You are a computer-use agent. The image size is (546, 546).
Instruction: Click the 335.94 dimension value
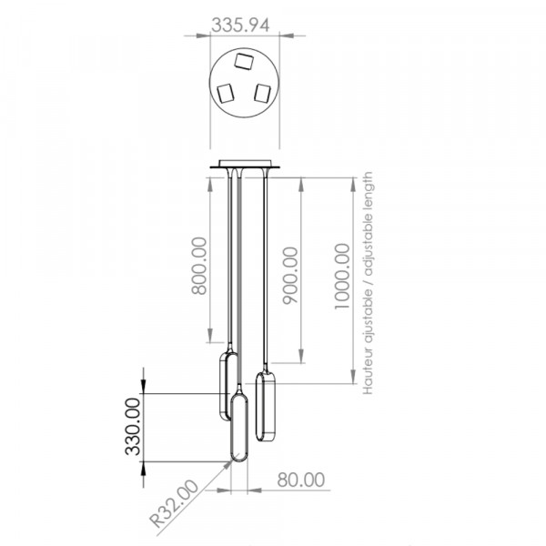point(240,25)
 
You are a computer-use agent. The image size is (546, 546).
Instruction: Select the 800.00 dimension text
point(199,266)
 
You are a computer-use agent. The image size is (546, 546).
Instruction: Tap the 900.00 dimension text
point(290,276)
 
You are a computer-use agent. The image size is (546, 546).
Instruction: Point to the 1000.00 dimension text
point(342,277)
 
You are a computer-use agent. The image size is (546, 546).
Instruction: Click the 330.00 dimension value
point(133,427)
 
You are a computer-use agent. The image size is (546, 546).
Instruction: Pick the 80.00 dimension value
point(301,480)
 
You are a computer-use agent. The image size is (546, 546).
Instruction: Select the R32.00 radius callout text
point(174,503)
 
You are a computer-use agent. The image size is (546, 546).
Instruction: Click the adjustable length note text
point(368,283)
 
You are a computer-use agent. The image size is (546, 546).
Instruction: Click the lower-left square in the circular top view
point(226,94)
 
